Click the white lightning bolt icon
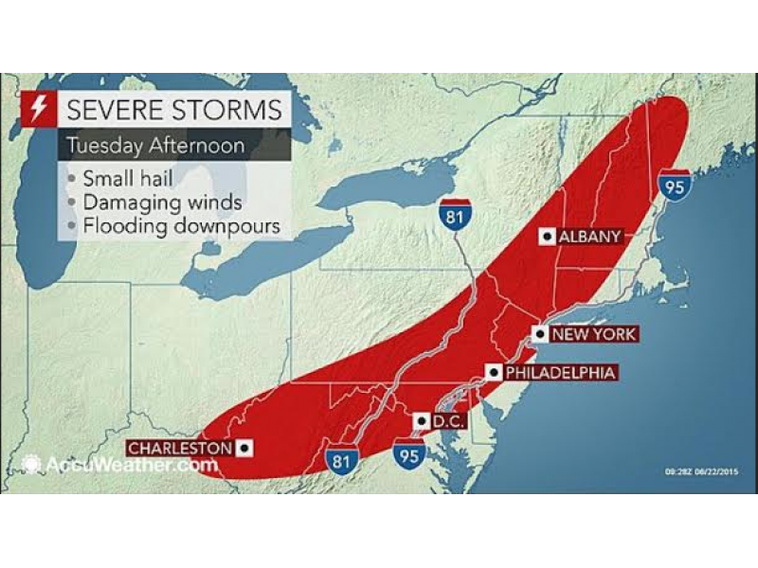[x=39, y=109]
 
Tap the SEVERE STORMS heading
[x=173, y=110]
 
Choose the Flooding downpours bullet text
[x=180, y=226]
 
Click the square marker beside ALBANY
[x=547, y=237]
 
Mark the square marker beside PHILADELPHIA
[x=493, y=373]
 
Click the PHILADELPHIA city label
[x=560, y=373]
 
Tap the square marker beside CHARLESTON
[x=244, y=448]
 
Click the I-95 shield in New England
[x=674, y=184]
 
